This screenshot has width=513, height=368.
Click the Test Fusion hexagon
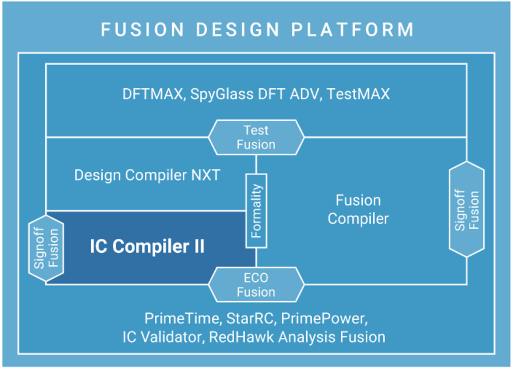(x=256, y=137)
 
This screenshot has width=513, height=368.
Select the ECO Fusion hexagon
(x=256, y=285)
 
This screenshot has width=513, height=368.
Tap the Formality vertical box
(x=256, y=210)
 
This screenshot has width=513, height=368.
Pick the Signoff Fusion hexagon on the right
(x=467, y=209)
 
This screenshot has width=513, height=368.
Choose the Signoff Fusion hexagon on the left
(x=46, y=247)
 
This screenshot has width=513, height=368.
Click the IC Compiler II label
(x=147, y=246)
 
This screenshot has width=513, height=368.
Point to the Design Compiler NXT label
(x=147, y=175)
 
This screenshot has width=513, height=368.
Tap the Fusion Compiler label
(x=358, y=209)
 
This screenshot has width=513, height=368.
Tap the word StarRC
(x=247, y=318)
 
